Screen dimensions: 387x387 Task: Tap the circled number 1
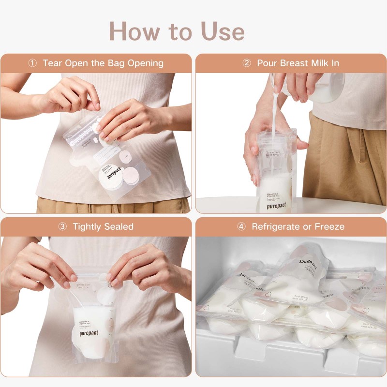32,63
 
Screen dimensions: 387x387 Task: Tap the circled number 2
247,63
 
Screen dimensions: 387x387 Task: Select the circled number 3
62,226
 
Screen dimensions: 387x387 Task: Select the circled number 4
241,226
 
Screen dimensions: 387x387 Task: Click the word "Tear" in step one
53,63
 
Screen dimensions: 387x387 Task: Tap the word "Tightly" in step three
89,226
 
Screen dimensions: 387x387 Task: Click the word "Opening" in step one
145,63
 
